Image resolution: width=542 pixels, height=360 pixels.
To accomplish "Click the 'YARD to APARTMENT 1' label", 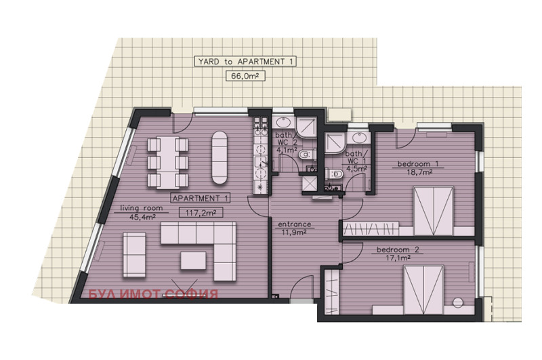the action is pyautogui.click(x=245, y=62).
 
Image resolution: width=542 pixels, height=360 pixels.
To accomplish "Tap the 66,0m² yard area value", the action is pyautogui.click(x=245, y=76).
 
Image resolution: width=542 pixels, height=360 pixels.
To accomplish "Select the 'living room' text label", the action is pyautogui.click(x=141, y=208).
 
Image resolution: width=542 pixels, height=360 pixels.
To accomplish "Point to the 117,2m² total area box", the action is pyautogui.click(x=201, y=213).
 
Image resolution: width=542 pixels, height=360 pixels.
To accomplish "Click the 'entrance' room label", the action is pyautogui.click(x=295, y=224).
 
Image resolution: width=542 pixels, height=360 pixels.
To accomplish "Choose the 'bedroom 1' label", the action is pyautogui.click(x=418, y=164).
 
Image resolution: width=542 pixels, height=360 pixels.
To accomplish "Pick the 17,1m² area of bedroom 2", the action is pyautogui.click(x=398, y=258).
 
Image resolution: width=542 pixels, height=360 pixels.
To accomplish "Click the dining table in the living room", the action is pyautogui.click(x=168, y=163).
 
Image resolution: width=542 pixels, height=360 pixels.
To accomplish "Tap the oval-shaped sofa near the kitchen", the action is pyautogui.click(x=220, y=157).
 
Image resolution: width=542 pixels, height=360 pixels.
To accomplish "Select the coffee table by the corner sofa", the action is pyautogui.click(x=193, y=260).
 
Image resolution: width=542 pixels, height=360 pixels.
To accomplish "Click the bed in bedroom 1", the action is pyautogui.click(x=434, y=211).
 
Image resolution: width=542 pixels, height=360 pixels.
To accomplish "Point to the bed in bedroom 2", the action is pyautogui.click(x=424, y=289).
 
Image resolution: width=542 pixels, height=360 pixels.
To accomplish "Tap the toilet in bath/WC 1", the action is pyautogui.click(x=333, y=174).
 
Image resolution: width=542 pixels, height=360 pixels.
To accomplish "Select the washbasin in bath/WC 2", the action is pyautogui.click(x=285, y=123).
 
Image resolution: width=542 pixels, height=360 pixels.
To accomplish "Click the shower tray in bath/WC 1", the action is pyautogui.click(x=335, y=142).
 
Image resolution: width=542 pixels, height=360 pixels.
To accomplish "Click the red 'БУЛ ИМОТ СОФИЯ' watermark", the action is pyautogui.click(x=153, y=294).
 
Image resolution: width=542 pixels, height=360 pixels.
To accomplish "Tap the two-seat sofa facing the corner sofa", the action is pyautogui.click(x=134, y=254).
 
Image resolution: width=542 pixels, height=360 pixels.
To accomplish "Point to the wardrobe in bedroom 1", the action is pyautogui.click(x=370, y=228).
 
